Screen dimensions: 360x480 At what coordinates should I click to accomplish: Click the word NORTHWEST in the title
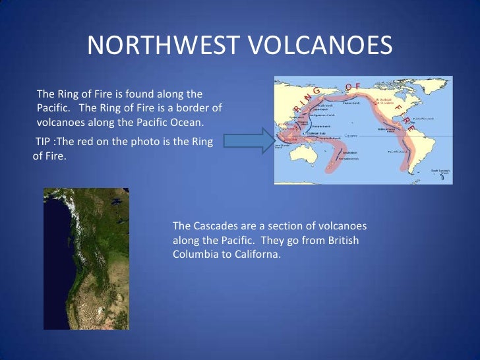tap(165, 45)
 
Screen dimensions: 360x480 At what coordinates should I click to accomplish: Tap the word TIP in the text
tap(44, 142)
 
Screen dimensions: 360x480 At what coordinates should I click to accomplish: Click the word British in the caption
tap(342, 241)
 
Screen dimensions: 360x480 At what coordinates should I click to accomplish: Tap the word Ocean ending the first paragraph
tap(188, 123)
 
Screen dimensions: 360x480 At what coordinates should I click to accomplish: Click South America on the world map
tap(423, 148)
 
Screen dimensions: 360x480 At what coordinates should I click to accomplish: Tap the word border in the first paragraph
tap(199, 108)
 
